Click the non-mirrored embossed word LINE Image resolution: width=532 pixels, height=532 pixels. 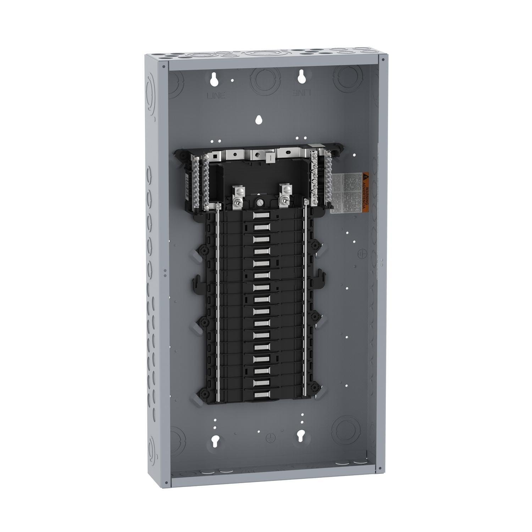[x=216, y=95]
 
